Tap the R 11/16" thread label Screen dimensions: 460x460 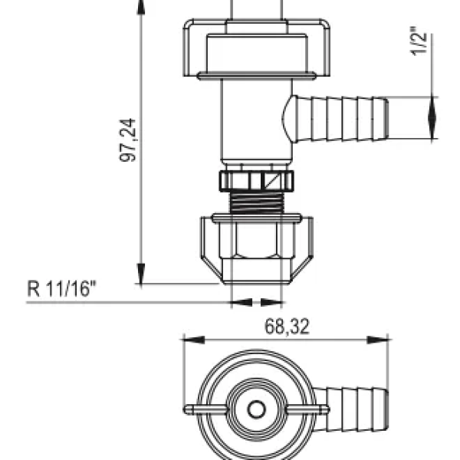click(63, 290)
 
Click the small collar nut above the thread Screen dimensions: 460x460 click(256, 181)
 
